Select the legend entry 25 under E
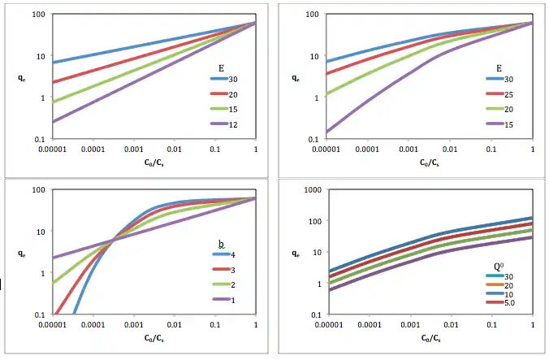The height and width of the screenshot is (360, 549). pyautogui.click(x=509, y=93)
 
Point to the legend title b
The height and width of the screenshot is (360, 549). pyautogui.click(x=221, y=244)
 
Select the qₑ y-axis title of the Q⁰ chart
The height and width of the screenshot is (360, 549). pyautogui.click(x=295, y=253)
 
